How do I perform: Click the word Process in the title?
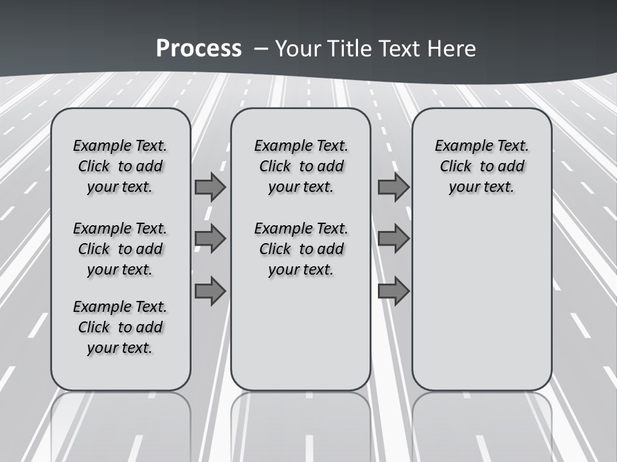click(x=199, y=48)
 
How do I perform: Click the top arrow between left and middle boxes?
click(x=210, y=187)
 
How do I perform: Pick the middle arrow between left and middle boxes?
click(x=210, y=239)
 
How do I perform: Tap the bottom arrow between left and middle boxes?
click(x=210, y=291)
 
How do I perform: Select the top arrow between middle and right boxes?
click(x=393, y=187)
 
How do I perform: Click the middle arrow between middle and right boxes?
click(x=393, y=239)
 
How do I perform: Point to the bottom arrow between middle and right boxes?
click(x=393, y=291)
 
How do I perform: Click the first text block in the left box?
click(x=120, y=166)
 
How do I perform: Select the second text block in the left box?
click(x=120, y=249)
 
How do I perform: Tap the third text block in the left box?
click(x=120, y=327)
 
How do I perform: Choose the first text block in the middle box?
click(x=301, y=166)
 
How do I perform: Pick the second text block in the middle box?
click(x=301, y=249)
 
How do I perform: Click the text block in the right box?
click(x=481, y=166)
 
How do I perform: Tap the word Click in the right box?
click(x=456, y=167)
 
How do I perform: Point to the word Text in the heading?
click(x=398, y=49)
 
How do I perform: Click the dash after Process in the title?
click(x=260, y=49)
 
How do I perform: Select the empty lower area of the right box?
click(x=481, y=302)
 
